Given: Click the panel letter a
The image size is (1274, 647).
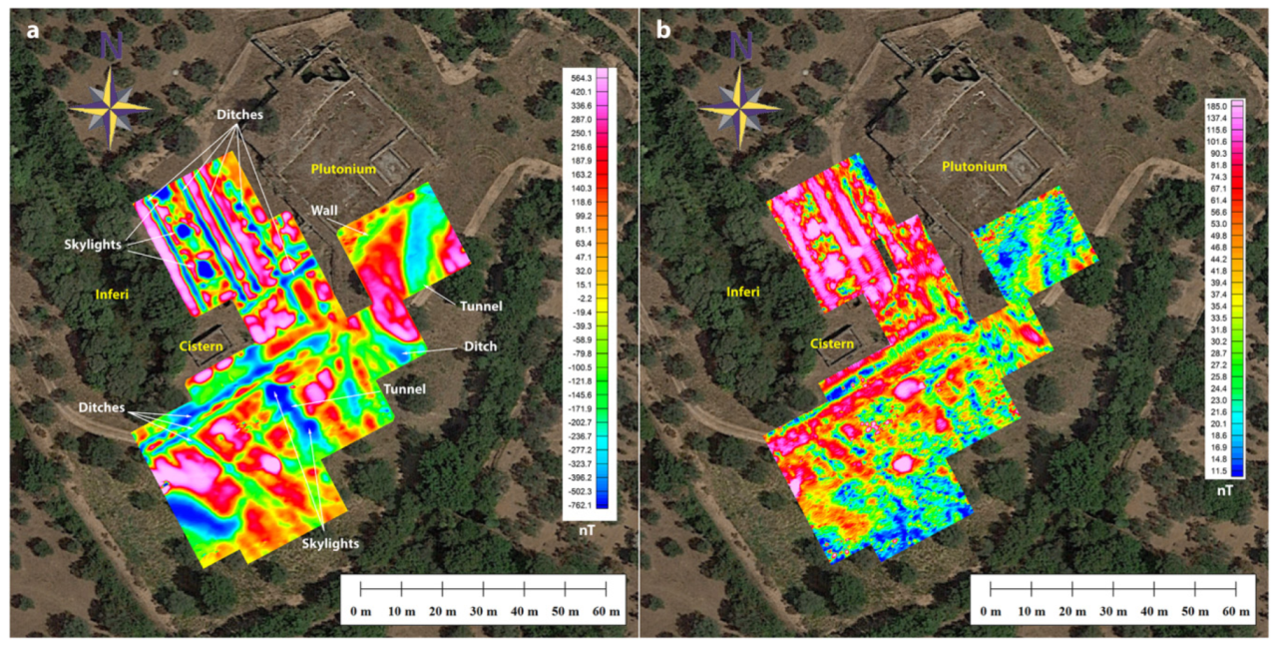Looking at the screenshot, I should [x=34, y=31].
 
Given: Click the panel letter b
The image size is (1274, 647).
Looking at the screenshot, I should [x=663, y=31].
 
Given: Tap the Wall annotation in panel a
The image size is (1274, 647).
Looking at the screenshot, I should [x=325, y=211].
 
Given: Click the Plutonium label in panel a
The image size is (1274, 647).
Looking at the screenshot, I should [x=342, y=169].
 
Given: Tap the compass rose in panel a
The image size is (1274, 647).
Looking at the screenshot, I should [x=110, y=104].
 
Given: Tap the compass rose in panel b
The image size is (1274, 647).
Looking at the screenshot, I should [x=739, y=104].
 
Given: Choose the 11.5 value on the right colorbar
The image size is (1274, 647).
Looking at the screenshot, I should [x=1216, y=469].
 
